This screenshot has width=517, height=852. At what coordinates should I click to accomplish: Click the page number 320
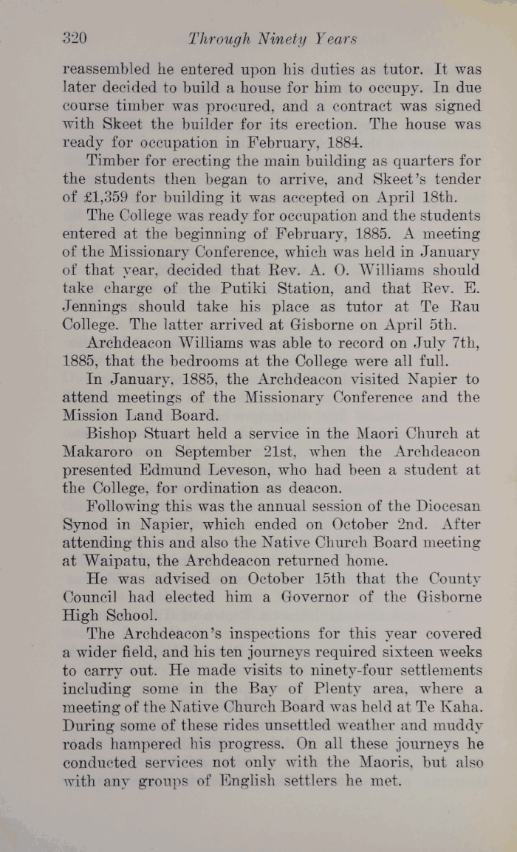pyautogui.click(x=75, y=38)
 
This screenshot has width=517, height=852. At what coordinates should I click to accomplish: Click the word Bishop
pyautogui.click(x=111, y=434)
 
